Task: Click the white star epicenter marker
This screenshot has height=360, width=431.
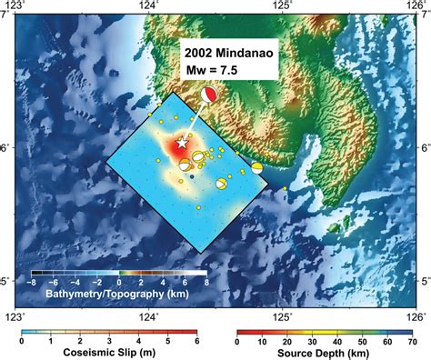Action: (x=182, y=143)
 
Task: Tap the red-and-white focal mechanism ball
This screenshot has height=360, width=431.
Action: (x=210, y=95)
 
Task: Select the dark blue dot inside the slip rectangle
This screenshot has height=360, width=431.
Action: (x=193, y=179)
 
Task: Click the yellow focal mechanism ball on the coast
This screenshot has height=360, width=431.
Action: (x=257, y=168)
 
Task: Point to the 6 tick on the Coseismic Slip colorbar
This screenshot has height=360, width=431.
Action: (x=195, y=341)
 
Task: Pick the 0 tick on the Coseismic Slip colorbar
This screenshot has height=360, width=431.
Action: (x=22, y=341)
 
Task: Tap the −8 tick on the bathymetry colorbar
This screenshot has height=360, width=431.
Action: (x=33, y=283)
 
